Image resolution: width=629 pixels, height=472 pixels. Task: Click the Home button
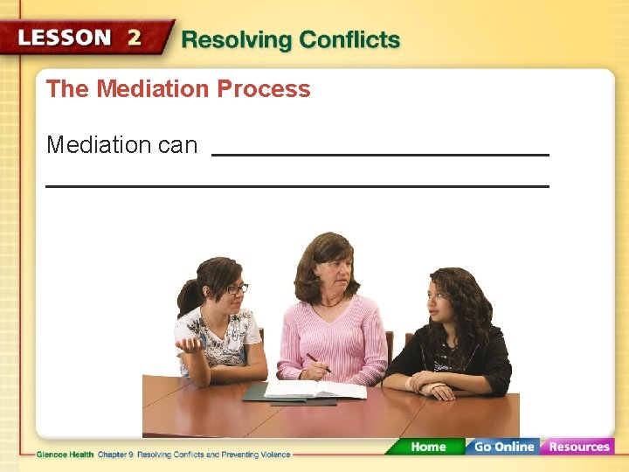click(x=428, y=447)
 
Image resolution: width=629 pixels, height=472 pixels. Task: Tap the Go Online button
click(x=503, y=447)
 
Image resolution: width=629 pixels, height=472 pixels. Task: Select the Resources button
click(x=578, y=447)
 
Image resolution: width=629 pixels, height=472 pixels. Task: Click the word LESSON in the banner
click(x=65, y=38)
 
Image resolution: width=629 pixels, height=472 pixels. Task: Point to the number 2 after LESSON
click(x=135, y=38)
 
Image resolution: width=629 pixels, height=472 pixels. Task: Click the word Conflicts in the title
click(x=349, y=40)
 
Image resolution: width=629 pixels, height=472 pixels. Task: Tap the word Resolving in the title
click(x=236, y=40)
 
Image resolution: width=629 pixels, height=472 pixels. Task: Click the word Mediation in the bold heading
click(x=153, y=89)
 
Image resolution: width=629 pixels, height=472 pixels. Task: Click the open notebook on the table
click(x=314, y=389)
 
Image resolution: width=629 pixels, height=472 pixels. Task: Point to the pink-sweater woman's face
click(x=330, y=274)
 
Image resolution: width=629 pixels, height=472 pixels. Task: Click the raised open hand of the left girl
click(x=190, y=345)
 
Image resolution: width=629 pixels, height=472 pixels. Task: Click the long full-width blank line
click(x=297, y=186)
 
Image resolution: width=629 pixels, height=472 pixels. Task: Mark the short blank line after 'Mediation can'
click(x=380, y=155)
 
